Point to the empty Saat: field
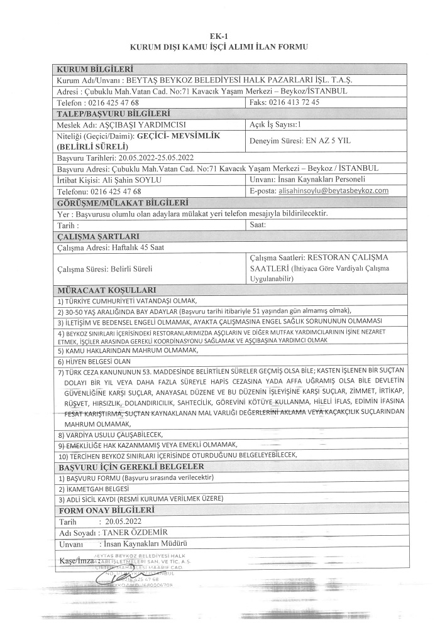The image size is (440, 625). point(327,224)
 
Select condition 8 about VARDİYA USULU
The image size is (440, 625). point(110,434)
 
